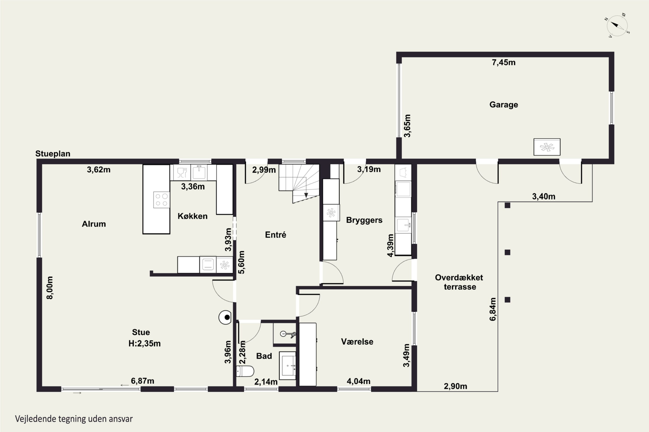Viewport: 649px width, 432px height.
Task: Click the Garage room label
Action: click(x=504, y=105)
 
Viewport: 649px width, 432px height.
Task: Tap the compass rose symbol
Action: click(x=617, y=26)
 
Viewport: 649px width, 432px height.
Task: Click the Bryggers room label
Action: click(x=364, y=220)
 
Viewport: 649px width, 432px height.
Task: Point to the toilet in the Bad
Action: click(x=245, y=371)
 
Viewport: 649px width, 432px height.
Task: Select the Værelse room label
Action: click(x=357, y=342)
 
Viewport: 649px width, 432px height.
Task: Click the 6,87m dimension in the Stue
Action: click(x=142, y=381)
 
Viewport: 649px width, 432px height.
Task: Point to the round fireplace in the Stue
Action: click(x=225, y=317)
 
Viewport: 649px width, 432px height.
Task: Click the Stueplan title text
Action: click(x=53, y=154)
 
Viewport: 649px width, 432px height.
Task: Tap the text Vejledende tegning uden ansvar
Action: click(x=74, y=419)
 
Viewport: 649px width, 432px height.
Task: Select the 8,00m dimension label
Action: click(x=50, y=288)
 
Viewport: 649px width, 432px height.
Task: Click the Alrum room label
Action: click(x=94, y=224)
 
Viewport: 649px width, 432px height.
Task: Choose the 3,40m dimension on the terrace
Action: click(x=544, y=196)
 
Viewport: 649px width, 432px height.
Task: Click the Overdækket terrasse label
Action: click(x=459, y=282)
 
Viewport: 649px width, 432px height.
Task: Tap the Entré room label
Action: click(x=275, y=235)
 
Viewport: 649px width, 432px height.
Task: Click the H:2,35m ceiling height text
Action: click(x=145, y=344)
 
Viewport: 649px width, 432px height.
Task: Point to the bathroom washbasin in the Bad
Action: click(x=288, y=366)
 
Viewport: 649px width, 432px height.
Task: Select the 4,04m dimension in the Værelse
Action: click(x=358, y=381)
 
